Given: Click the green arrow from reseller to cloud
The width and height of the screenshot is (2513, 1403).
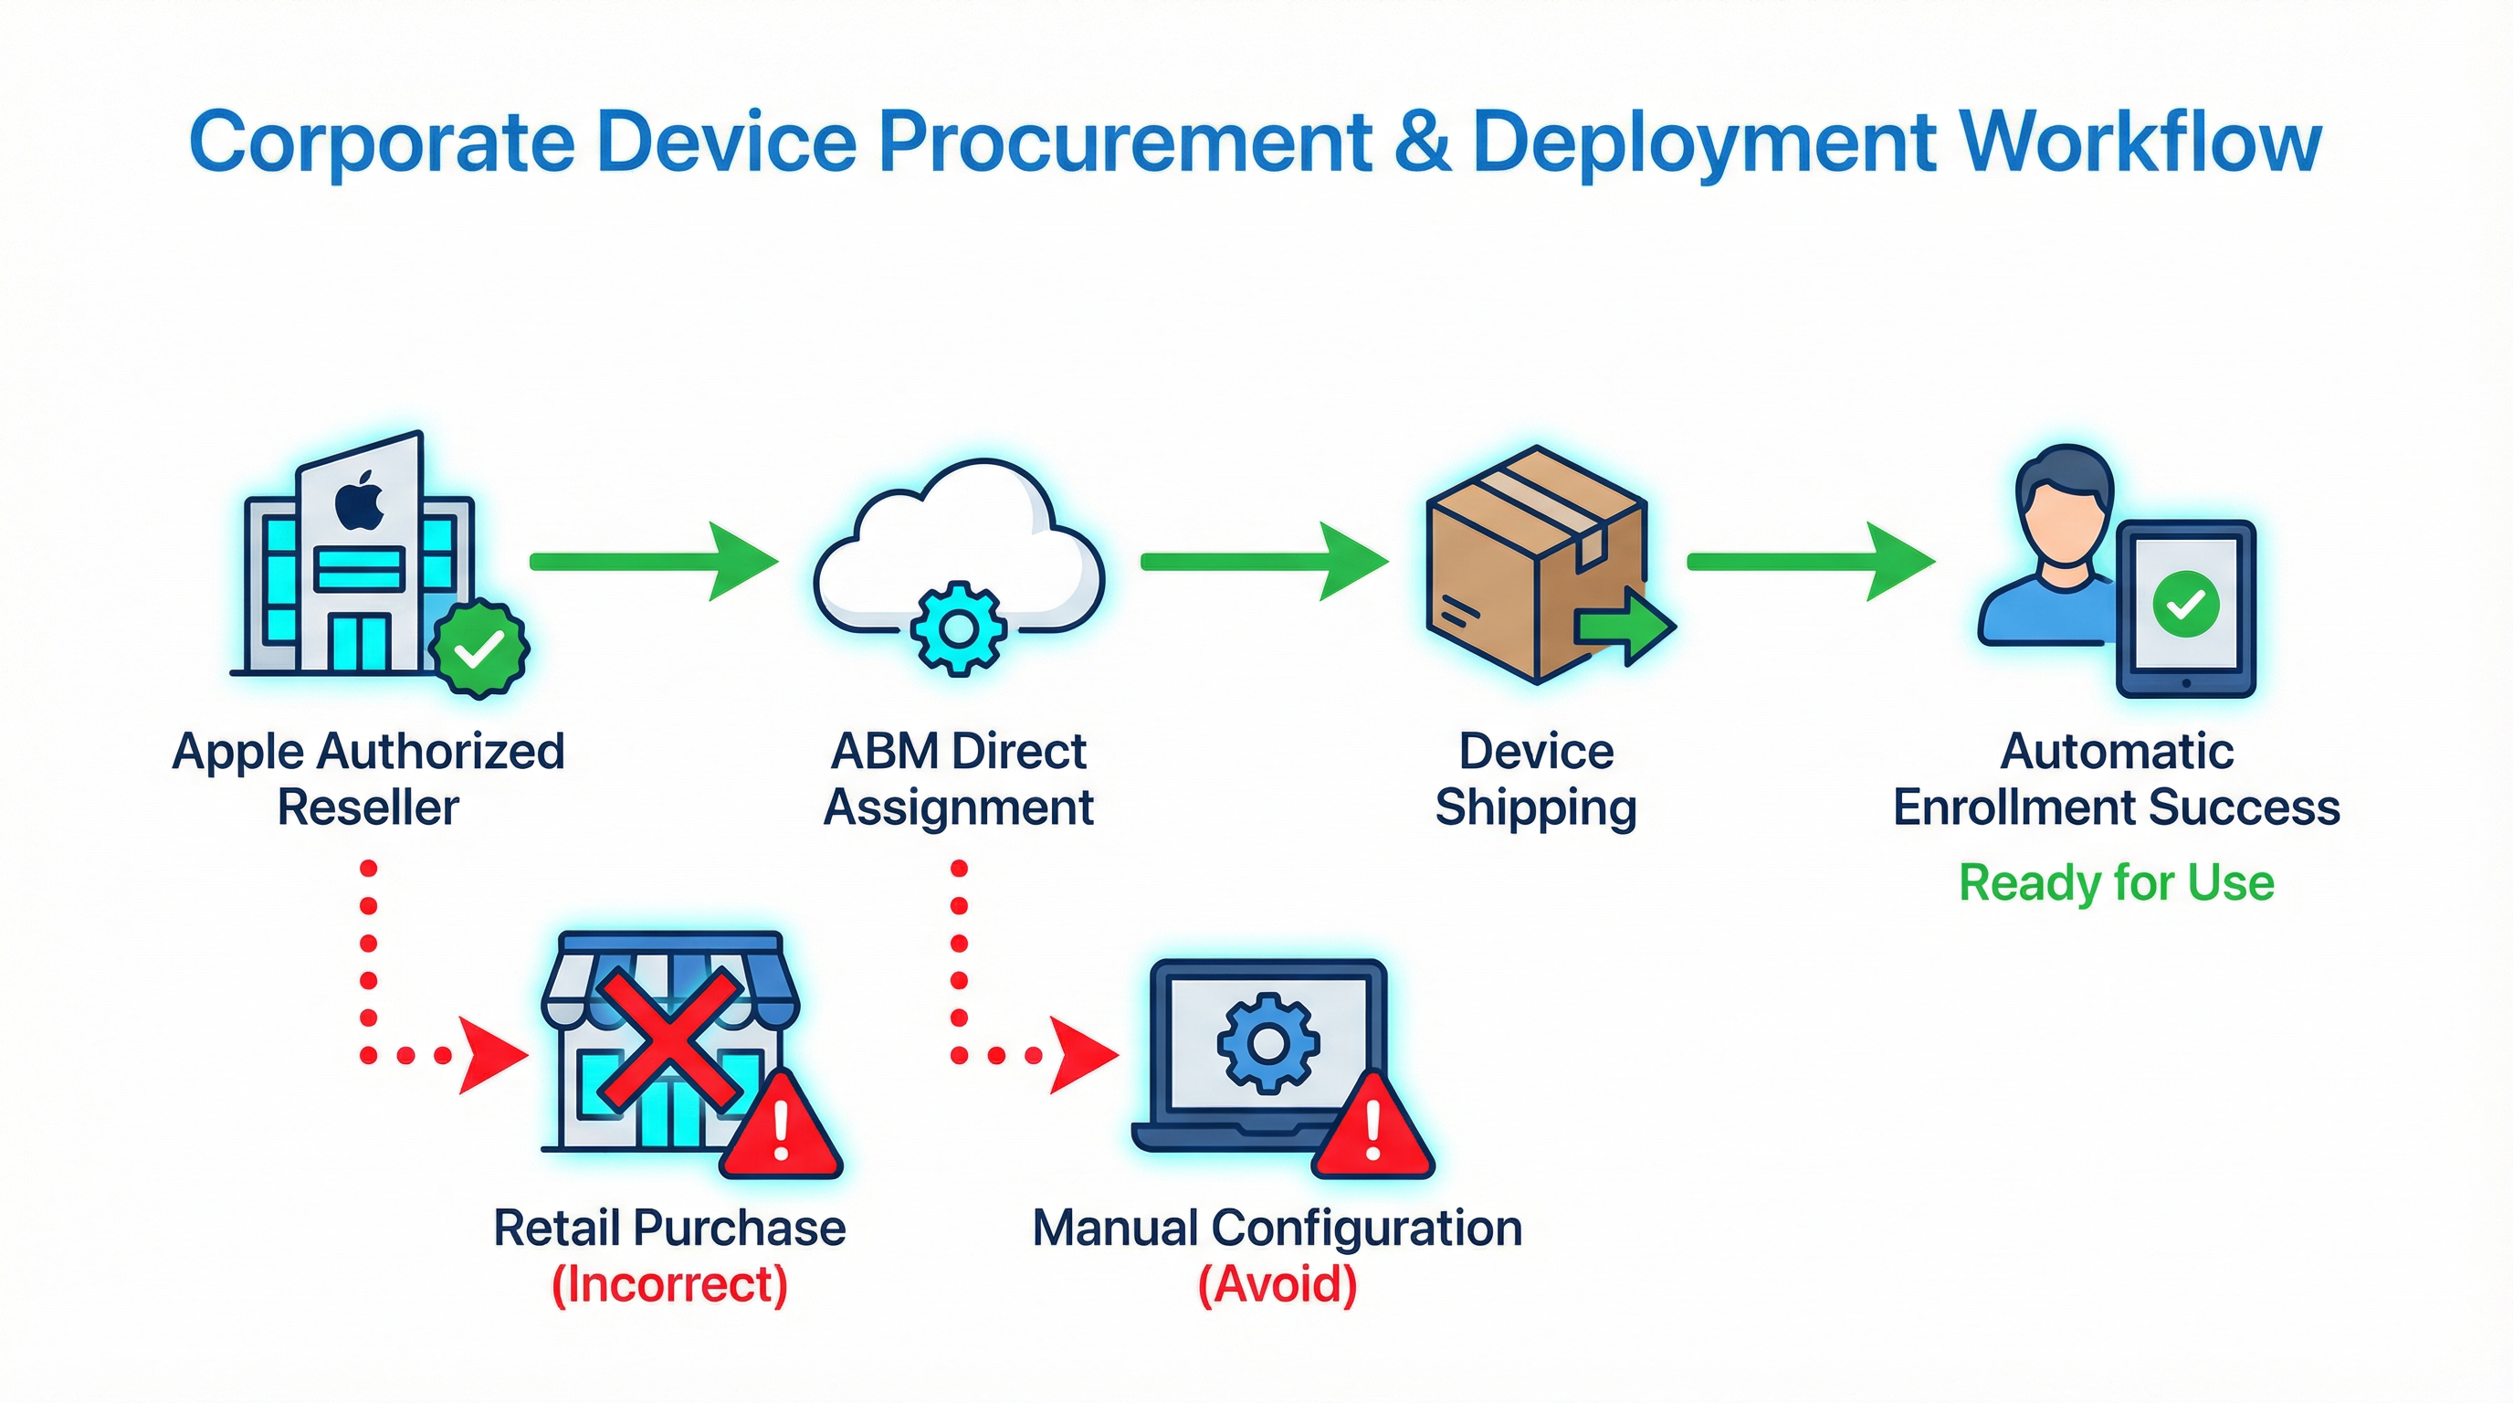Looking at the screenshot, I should click(654, 561).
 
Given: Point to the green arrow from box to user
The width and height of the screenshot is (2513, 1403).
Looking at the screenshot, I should click(1811, 561).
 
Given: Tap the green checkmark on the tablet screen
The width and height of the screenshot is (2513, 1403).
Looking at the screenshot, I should click(2185, 605).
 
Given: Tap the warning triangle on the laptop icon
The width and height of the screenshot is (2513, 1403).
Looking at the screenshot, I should click(1372, 1132).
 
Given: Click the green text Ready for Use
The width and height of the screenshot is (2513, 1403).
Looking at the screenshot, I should click(2116, 883).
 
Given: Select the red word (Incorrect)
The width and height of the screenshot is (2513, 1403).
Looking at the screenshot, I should click(669, 1284).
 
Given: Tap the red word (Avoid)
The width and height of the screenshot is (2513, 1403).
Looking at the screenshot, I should click(1277, 1284).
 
